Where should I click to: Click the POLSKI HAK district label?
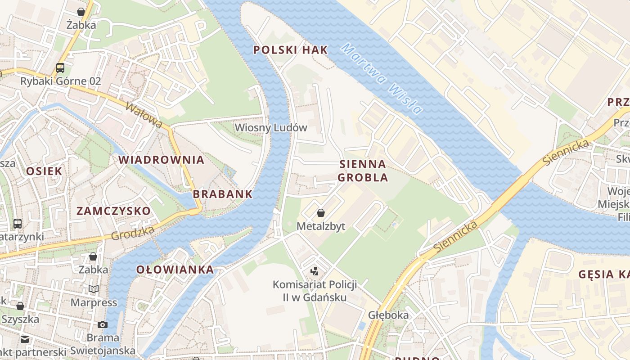(291, 50)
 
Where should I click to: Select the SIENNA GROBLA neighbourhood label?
(363, 171)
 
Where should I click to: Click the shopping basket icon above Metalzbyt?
(321, 212)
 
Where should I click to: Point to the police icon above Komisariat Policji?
(315, 271)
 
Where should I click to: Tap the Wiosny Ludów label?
(271, 128)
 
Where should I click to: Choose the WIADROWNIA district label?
(161, 160)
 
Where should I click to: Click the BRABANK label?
(223, 194)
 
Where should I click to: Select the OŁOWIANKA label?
(175, 270)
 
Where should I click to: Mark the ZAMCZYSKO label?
(113, 211)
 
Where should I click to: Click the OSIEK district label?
(44, 171)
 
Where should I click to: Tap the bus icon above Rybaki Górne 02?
(60, 68)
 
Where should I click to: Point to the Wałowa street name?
(144, 115)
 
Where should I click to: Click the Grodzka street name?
(133, 233)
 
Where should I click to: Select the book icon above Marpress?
(93, 289)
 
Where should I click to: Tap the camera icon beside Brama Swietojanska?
(103, 324)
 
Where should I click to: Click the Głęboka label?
(388, 315)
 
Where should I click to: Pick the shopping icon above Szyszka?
(20, 306)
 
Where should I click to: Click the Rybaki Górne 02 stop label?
(60, 81)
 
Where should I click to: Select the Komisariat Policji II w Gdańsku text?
(315, 291)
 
